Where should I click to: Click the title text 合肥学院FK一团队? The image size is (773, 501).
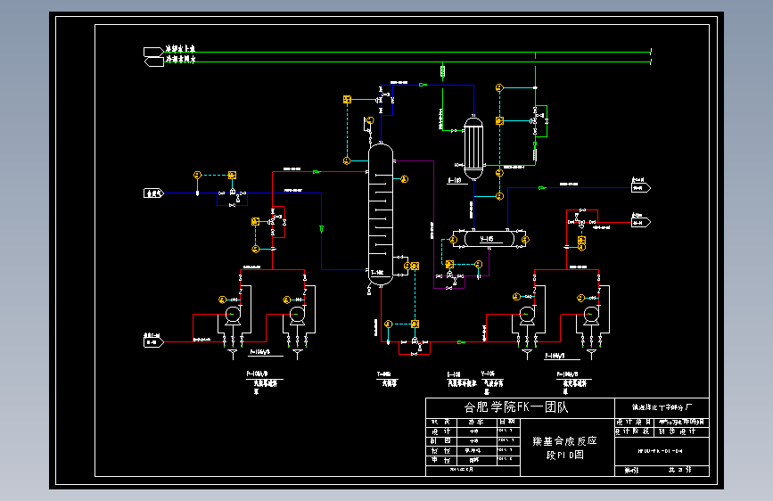pos(516,407)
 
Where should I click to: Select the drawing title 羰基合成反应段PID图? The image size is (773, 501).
pos(563,448)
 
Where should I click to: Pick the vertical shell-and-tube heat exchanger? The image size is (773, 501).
pos(473,144)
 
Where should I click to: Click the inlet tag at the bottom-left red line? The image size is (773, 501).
pos(154,340)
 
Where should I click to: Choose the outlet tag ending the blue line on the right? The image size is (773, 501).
pos(641,188)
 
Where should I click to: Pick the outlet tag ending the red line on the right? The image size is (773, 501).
pos(641,215)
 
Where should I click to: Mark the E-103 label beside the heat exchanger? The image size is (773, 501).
pos(453,180)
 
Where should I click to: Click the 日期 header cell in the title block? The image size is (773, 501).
pos(506,421)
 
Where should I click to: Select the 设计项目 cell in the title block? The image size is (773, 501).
pos(635,421)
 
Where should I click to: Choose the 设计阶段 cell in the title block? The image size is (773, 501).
pos(635,430)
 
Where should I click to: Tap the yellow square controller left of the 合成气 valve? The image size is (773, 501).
pos(232,175)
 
